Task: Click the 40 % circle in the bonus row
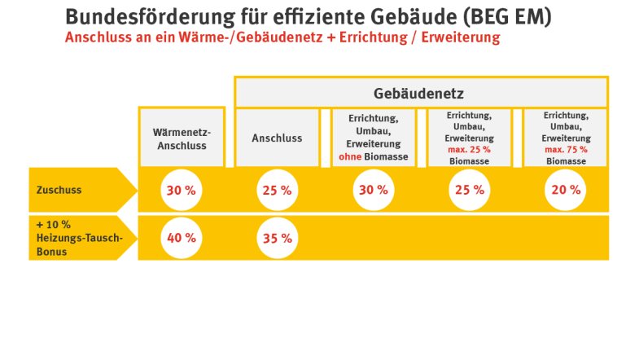(x=181, y=238)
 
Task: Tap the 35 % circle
(x=277, y=238)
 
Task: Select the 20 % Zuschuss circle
(x=565, y=190)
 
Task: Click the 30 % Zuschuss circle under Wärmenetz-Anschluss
(x=181, y=190)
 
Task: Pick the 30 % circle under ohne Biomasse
(x=373, y=190)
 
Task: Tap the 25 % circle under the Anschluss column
(x=277, y=190)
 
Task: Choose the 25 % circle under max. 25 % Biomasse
(x=469, y=190)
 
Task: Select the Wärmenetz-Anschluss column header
(x=181, y=138)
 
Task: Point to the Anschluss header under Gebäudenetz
(x=277, y=138)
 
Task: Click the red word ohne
(x=349, y=156)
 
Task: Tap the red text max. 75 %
(x=565, y=150)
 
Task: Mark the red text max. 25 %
(x=469, y=150)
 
